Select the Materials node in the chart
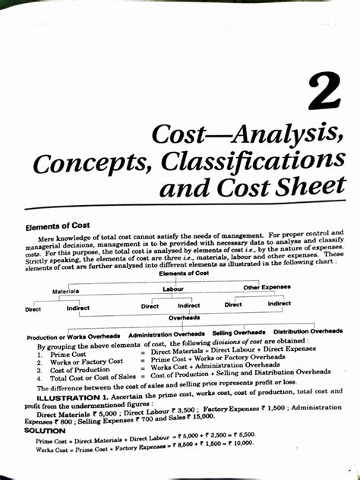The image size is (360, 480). click(x=66, y=291)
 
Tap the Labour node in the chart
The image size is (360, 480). click(x=174, y=289)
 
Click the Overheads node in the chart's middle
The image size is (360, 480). click(x=184, y=318)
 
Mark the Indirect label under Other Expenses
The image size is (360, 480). click(x=279, y=303)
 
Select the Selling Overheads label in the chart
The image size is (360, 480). click(x=238, y=332)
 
